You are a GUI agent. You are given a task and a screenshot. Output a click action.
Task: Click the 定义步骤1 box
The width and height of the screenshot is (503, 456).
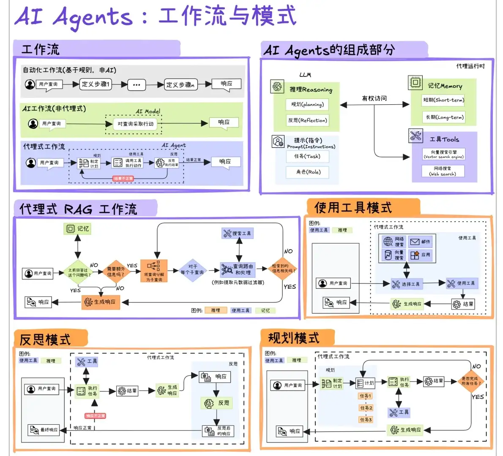click(96, 84)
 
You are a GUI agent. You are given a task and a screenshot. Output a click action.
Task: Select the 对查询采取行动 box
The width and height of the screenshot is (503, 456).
click(135, 124)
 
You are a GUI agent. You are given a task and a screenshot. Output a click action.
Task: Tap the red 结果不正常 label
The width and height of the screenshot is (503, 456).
click(123, 179)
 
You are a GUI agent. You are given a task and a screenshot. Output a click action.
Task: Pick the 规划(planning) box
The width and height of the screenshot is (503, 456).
click(307, 104)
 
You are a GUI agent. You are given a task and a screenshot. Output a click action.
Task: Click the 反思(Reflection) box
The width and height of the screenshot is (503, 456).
click(307, 120)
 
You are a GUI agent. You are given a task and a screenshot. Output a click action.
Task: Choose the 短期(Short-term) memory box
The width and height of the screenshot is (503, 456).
click(444, 100)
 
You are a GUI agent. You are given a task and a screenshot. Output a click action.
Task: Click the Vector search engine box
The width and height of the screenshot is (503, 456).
click(443, 154)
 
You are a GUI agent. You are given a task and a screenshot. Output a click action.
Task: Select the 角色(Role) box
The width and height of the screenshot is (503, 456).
click(308, 172)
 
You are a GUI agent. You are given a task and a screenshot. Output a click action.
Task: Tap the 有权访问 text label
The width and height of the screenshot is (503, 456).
click(374, 98)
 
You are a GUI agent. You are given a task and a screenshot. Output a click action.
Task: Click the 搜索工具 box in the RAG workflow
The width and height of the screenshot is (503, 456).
click(238, 233)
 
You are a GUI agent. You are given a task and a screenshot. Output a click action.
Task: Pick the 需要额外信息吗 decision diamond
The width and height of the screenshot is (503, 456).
click(116, 271)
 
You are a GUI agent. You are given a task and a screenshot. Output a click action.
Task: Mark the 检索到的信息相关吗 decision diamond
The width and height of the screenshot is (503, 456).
click(283, 269)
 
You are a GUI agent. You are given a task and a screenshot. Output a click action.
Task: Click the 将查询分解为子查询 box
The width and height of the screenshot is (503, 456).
click(154, 271)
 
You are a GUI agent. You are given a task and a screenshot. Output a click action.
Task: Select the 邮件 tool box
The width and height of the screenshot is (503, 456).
click(421, 242)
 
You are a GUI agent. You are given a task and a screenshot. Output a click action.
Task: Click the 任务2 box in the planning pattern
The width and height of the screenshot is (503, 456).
click(366, 408)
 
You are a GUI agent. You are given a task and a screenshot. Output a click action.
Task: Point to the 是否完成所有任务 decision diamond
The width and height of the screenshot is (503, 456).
click(471, 381)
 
